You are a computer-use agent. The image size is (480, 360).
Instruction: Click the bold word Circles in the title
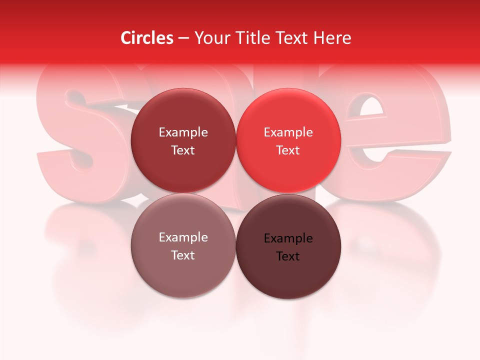click(146, 38)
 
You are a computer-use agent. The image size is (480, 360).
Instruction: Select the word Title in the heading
click(250, 38)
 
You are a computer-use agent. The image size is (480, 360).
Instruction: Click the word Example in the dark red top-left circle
click(183, 132)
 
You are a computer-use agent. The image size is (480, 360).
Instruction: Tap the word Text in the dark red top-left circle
click(183, 150)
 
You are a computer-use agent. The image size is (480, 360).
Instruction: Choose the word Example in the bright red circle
click(288, 132)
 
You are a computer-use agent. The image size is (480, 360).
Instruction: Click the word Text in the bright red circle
click(288, 150)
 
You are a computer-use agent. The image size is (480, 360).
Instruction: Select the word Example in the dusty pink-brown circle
click(183, 237)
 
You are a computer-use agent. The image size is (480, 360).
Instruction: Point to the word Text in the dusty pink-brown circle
click(183, 255)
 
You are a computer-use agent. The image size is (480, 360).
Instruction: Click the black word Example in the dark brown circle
click(288, 238)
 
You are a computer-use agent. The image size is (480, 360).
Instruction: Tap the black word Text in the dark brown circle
click(288, 256)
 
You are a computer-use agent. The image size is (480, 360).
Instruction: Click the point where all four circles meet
click(236, 193)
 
